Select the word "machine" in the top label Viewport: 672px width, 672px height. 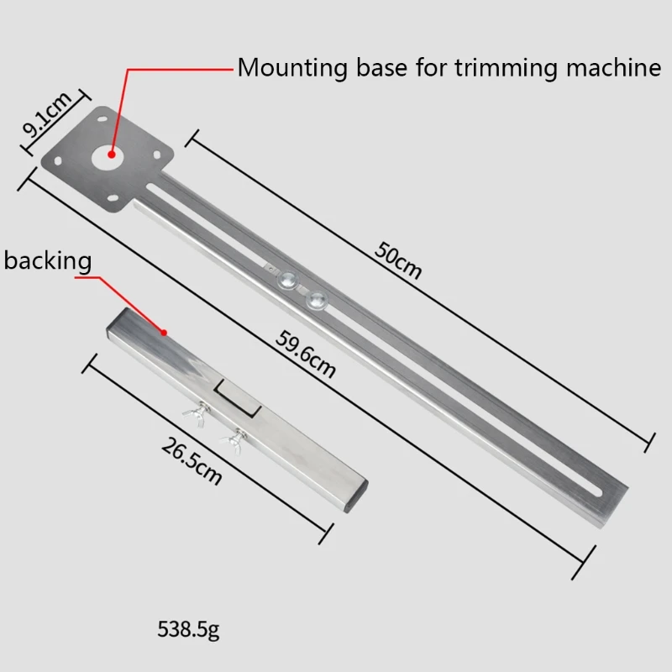[612, 67]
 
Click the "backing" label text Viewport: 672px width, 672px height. [48, 260]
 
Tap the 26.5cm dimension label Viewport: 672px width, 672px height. [192, 463]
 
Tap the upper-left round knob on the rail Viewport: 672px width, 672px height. [289, 281]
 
